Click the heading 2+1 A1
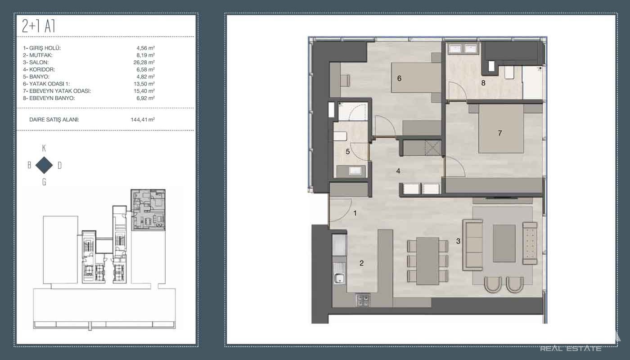[38, 26]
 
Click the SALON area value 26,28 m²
[144, 62]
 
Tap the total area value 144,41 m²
[143, 120]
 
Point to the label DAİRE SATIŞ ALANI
[54, 120]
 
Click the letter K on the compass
[44, 148]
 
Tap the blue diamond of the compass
[44, 165]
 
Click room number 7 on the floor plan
[500, 133]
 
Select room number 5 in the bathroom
[347, 152]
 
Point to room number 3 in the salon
[458, 241]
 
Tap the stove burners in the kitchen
[363, 300]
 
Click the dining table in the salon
[427, 261]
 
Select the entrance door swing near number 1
[341, 210]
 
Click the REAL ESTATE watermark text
[571, 348]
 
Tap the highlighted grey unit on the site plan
[148, 210]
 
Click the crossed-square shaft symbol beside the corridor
[433, 148]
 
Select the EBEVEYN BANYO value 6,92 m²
[146, 98]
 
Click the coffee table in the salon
[504, 243]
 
